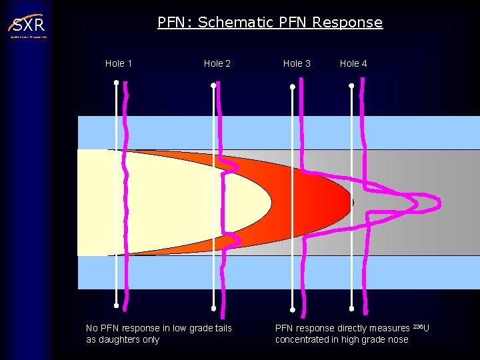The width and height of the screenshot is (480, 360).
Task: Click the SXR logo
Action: coord(27,26)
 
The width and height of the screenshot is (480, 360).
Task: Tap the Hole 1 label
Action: coord(119,63)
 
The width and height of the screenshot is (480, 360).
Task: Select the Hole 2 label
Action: coord(217,63)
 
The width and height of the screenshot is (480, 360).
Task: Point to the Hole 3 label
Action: coord(297,63)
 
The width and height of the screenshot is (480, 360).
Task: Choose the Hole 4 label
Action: coord(353,63)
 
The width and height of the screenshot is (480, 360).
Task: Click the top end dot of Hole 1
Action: coord(116,83)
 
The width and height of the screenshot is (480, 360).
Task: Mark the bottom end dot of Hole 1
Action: coord(116,306)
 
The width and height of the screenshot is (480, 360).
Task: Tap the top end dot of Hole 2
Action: coord(213,85)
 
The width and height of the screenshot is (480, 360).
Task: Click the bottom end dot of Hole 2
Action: coord(213,309)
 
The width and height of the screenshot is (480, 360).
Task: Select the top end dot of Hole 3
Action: coord(293,87)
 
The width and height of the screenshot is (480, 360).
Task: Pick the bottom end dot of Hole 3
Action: coord(293,309)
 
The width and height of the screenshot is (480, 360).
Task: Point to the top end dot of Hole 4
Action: coord(351,85)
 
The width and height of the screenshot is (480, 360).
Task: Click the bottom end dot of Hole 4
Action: coord(351,309)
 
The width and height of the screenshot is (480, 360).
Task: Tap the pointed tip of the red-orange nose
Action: coord(351,202)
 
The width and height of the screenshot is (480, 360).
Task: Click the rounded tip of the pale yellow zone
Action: coord(271,202)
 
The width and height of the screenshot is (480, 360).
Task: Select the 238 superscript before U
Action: coord(418,326)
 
